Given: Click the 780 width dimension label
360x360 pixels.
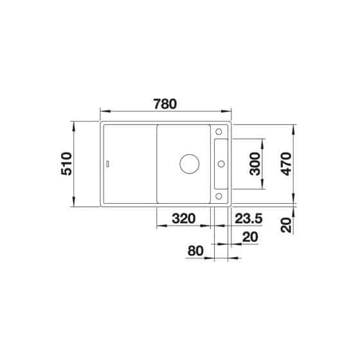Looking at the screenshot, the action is (165, 104).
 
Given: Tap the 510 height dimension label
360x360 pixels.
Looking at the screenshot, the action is (67, 164).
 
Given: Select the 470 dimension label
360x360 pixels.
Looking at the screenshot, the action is (286, 164).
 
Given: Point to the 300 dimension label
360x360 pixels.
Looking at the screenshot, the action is (255, 164).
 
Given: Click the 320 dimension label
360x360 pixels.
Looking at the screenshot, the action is (184, 219).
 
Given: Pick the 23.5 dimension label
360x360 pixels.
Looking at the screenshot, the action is (248, 219).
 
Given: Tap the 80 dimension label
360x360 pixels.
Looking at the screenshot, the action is (195, 251).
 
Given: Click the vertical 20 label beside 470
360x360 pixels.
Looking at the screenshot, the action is (286, 225).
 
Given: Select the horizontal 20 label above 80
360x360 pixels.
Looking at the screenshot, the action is (250, 237).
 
